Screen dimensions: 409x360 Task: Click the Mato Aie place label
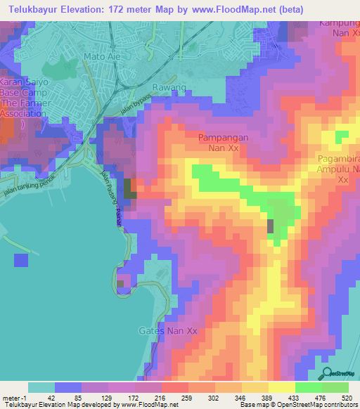click(x=103, y=56)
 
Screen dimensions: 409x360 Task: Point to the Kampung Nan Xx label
click(x=340, y=27)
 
